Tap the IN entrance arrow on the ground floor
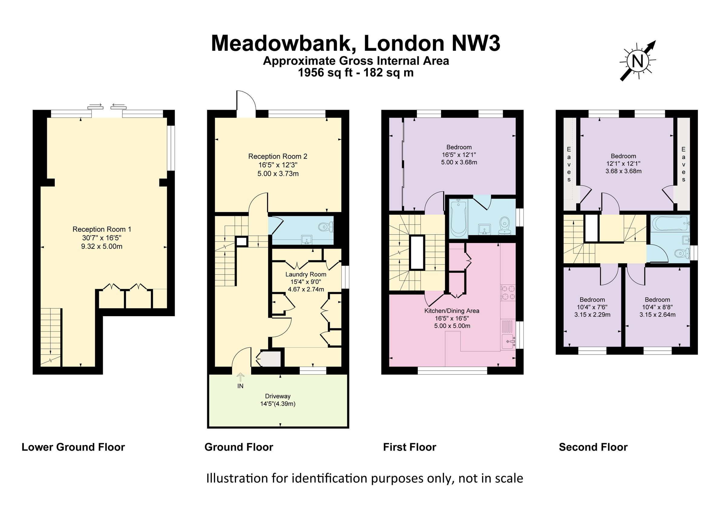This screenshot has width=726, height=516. pyautogui.click(x=240, y=378)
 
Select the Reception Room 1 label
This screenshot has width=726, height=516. pyautogui.click(x=102, y=229)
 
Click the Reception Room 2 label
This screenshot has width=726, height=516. pyautogui.click(x=277, y=156)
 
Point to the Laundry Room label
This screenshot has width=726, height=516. pyautogui.click(x=306, y=274)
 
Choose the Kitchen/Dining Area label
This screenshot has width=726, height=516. pyautogui.click(x=452, y=311)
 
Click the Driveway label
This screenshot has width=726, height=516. pyautogui.click(x=277, y=396)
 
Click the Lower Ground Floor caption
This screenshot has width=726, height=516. pyautogui.click(x=73, y=447)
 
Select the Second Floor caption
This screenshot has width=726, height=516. pyautogui.click(x=593, y=447)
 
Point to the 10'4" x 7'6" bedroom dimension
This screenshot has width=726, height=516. pyautogui.click(x=592, y=307)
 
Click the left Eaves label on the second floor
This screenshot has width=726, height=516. pyautogui.click(x=569, y=164)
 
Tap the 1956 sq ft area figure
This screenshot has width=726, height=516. pyautogui.click(x=325, y=73)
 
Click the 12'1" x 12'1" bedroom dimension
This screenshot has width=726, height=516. pyautogui.click(x=623, y=164)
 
